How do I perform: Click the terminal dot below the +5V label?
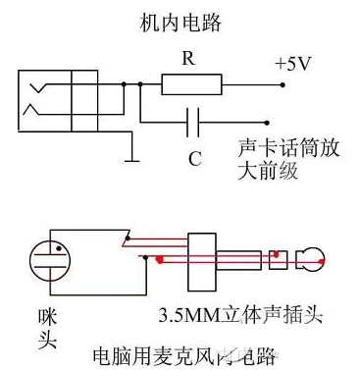click(284, 85)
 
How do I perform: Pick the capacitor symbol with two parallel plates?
click(193, 123)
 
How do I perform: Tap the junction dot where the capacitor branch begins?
click(139, 85)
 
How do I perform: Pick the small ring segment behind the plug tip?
click(279, 261)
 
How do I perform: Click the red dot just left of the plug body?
click(159, 260)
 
